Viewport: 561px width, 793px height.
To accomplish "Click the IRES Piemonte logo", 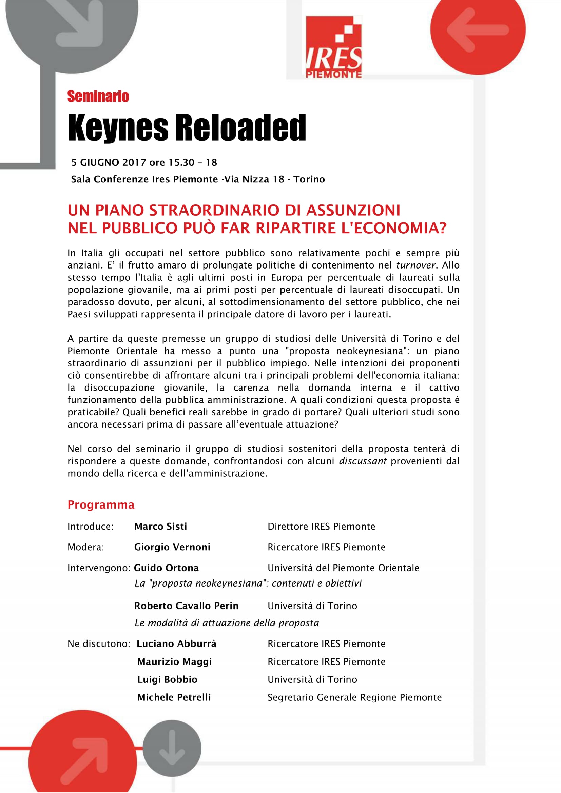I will click(334, 47).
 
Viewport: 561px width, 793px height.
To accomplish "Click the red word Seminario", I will click(98, 96).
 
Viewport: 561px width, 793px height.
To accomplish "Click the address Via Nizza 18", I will click(254, 179).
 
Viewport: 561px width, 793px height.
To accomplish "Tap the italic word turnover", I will click(415, 265).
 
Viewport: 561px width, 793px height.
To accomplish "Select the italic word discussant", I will click(363, 461).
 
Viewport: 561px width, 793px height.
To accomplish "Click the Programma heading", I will click(101, 504).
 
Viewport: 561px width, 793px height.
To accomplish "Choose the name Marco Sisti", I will click(161, 527).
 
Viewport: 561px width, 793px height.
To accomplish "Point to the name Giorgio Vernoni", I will click(172, 547).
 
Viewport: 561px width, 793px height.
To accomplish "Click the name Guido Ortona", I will click(166, 568).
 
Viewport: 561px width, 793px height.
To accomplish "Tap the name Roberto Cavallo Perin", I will click(186, 606).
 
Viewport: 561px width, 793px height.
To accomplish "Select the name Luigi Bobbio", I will click(167, 679).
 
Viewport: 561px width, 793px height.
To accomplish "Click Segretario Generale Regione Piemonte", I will click(354, 697).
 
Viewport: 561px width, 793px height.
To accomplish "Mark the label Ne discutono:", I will click(99, 644).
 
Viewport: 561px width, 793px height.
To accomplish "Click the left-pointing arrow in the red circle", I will click(478, 30).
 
